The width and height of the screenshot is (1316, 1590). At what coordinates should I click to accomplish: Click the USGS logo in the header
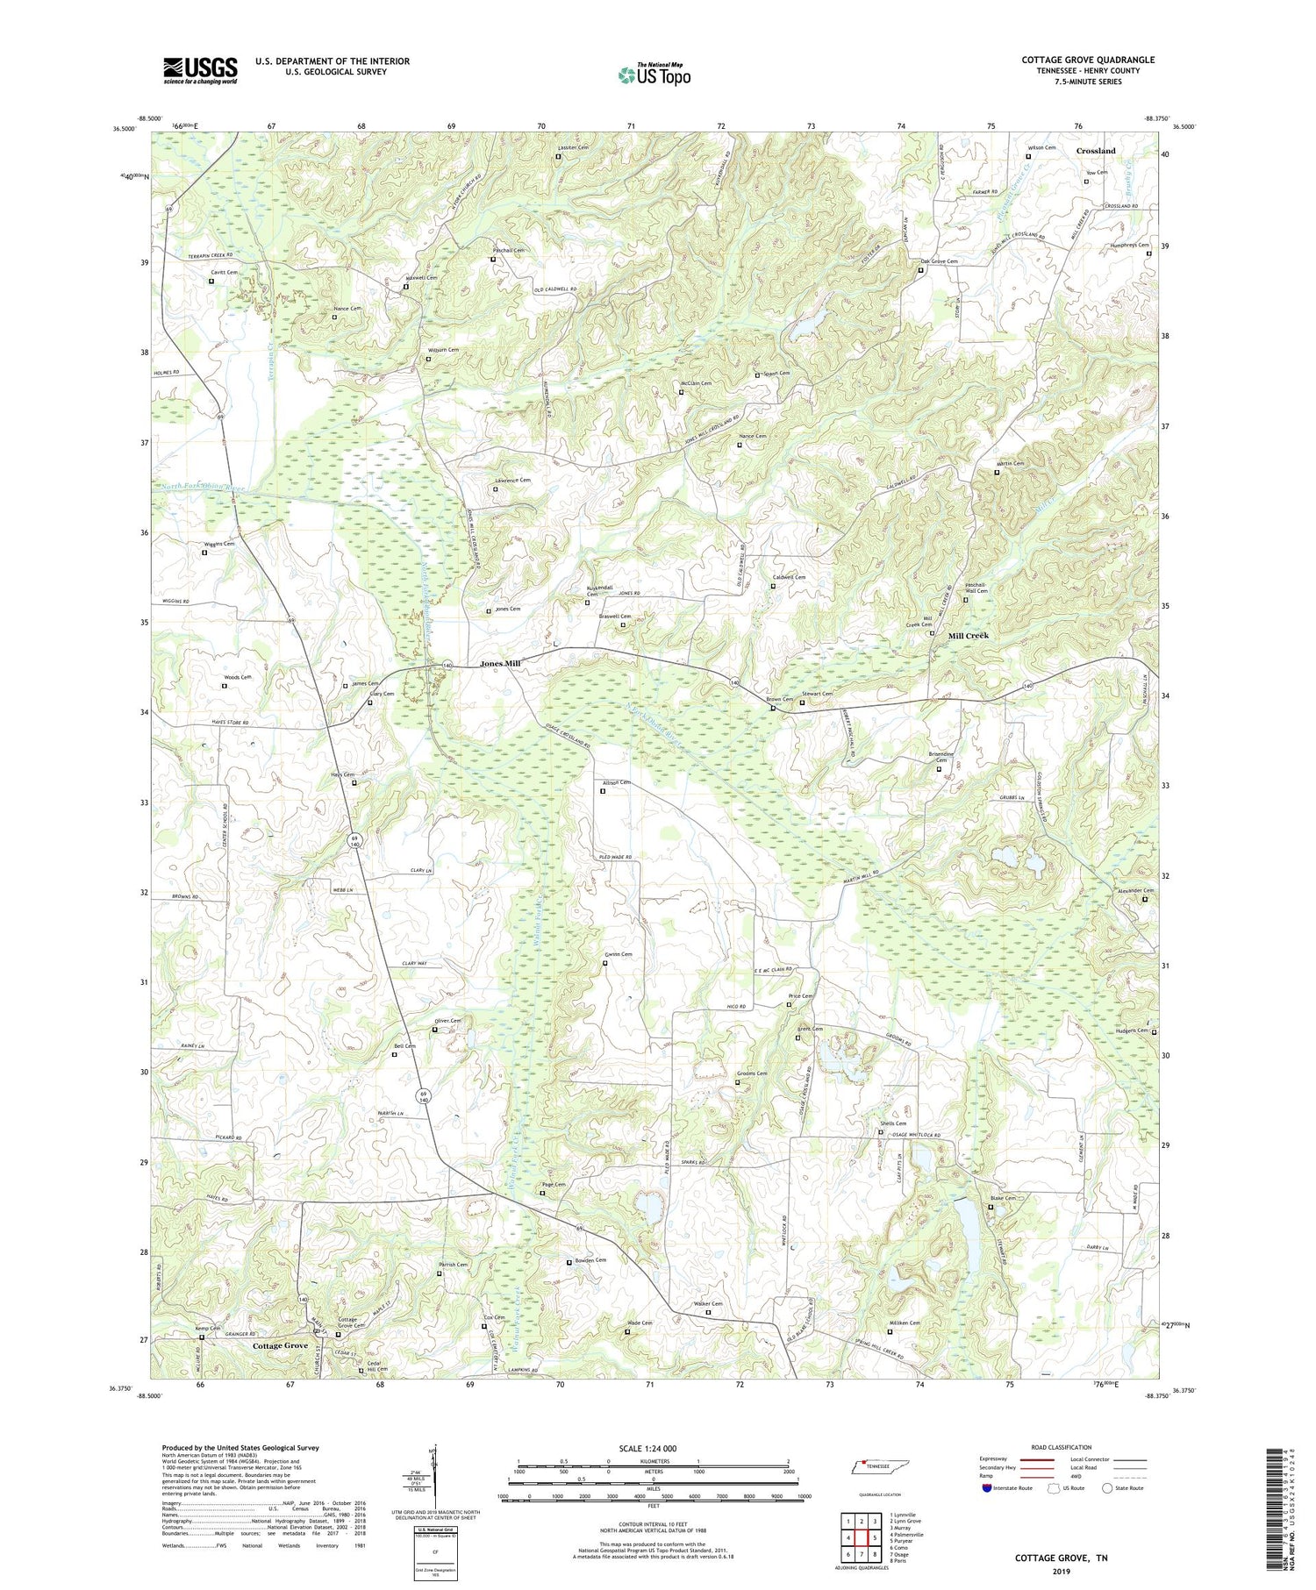tap(200, 70)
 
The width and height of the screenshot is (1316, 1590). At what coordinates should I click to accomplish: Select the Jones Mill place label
tap(500, 664)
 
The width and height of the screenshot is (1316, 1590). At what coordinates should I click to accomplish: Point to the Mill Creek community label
tap(968, 635)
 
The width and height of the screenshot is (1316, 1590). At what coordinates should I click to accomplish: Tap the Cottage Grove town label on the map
tap(280, 1345)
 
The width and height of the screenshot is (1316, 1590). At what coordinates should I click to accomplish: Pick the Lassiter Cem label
tap(572, 147)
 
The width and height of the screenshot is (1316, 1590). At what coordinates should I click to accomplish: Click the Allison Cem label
tap(616, 782)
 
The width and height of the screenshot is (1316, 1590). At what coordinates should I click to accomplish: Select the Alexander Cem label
tap(1135, 890)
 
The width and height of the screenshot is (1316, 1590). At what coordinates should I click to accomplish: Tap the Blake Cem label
tap(1003, 1198)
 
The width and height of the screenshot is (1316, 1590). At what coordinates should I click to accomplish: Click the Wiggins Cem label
tap(219, 544)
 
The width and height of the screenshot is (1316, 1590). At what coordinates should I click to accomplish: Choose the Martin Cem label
tap(1010, 463)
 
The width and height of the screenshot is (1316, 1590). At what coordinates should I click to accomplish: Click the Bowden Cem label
tap(590, 1260)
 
